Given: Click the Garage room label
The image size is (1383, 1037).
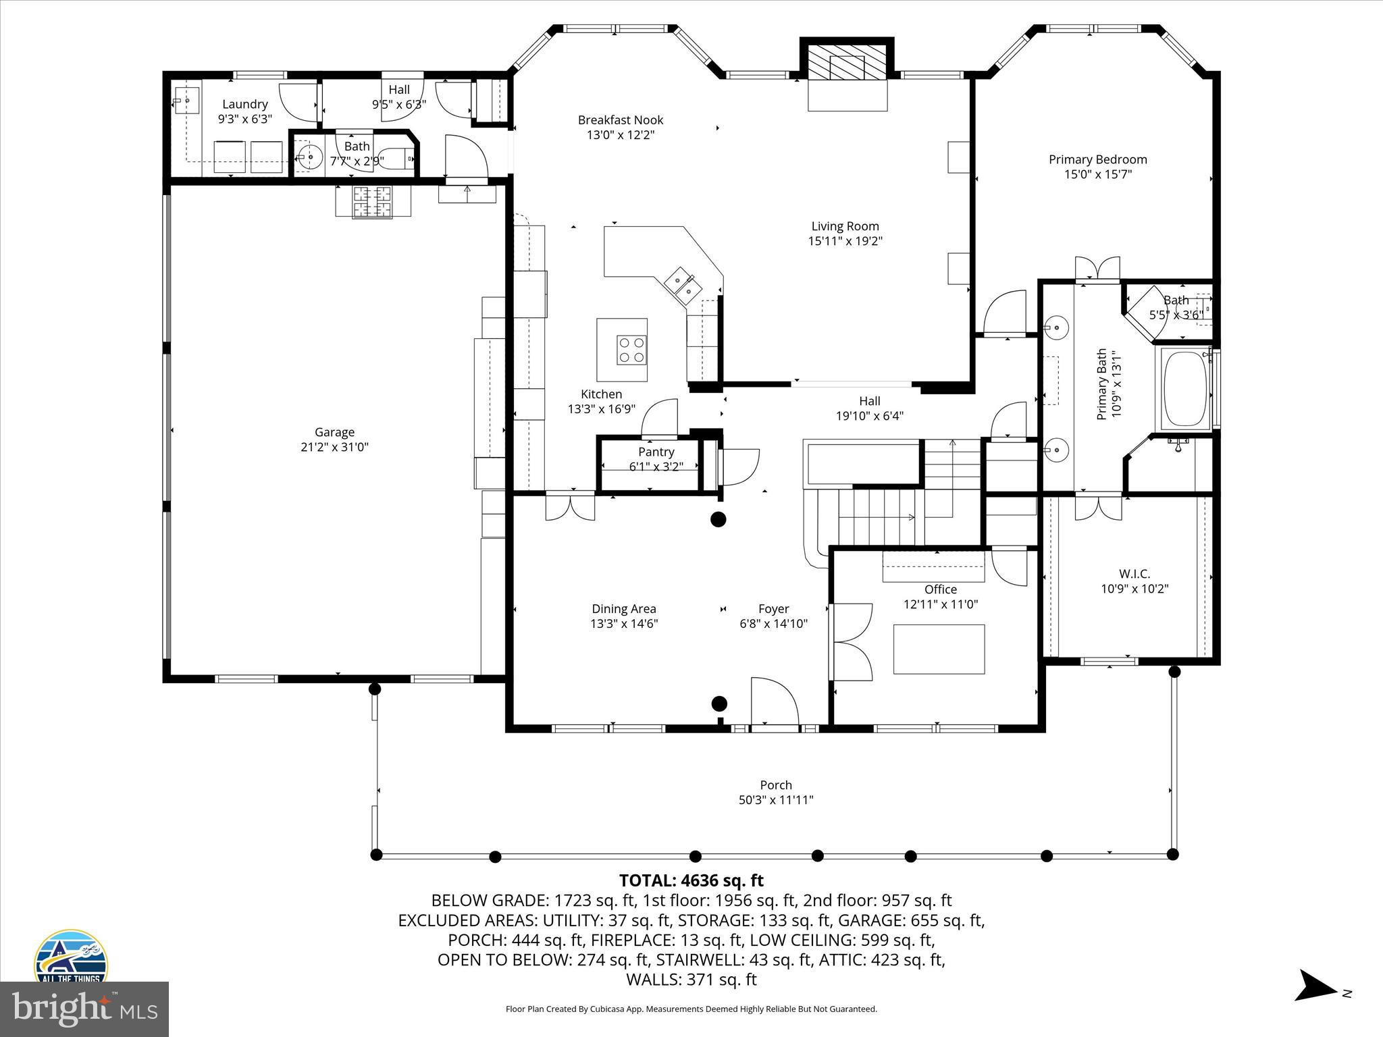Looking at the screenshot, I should click(334, 432).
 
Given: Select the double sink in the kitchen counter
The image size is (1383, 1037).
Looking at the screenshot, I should click(681, 284).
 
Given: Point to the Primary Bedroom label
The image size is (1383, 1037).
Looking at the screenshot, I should click(1097, 159).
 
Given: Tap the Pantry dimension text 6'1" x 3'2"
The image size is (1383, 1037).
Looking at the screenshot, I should click(656, 467).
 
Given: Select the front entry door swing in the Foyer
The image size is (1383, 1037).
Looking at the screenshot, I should click(775, 702).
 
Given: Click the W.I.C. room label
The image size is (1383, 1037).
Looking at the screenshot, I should click(1134, 574).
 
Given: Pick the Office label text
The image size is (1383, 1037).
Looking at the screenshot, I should click(941, 589).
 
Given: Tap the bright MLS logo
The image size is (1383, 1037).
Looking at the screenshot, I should click(84, 1009).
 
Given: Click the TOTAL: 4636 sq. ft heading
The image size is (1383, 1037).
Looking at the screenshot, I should click(691, 880).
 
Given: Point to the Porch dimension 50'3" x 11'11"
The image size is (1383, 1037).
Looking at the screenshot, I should click(775, 800).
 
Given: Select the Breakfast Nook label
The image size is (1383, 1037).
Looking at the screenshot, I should click(620, 120).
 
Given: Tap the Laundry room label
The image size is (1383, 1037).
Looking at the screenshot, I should click(244, 104).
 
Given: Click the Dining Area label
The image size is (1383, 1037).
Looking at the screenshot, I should click(623, 609).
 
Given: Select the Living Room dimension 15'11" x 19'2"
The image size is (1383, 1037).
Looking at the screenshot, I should click(845, 241).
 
